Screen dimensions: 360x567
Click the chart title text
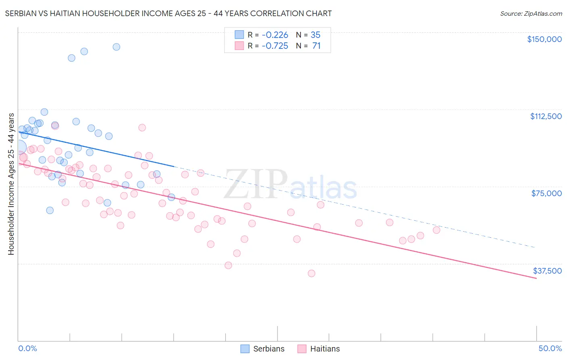pos(168,13)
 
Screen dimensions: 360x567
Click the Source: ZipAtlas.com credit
pos(531,14)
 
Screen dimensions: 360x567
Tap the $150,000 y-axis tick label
pos(544,39)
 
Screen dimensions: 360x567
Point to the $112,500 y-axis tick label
pos(545,116)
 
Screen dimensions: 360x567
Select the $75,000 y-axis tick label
pos(546,193)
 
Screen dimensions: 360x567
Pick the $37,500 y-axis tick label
pos(547,271)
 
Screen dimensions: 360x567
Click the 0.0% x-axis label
pos(27,348)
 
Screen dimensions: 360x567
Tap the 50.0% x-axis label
pos(550,348)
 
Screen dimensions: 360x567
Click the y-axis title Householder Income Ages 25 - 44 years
pos(11,184)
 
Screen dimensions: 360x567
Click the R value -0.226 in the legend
pos(275,35)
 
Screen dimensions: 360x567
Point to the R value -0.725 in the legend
pos(275,46)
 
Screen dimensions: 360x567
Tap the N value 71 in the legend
pos(316,46)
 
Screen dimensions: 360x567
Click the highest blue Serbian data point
pos(116,47)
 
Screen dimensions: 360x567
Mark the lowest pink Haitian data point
pos(311,273)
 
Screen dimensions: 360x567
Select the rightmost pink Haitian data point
pos(436,230)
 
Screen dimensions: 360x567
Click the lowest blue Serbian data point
pos(50,210)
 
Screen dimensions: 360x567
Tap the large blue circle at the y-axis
pos(19,148)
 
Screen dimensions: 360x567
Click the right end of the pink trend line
pos(536,278)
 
